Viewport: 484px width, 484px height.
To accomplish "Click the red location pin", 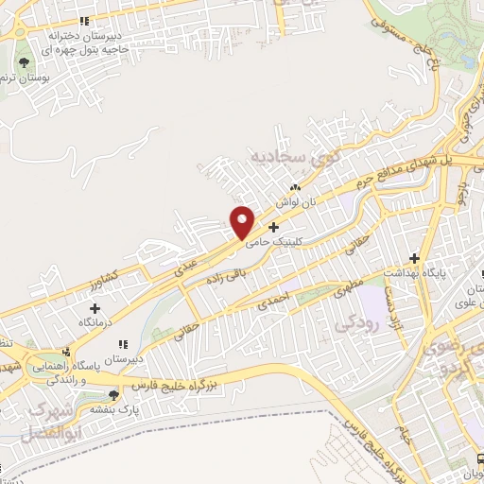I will click(x=243, y=221).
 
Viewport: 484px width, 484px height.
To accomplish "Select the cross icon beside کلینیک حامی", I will click(x=274, y=227).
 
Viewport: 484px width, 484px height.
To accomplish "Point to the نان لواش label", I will click(x=293, y=202).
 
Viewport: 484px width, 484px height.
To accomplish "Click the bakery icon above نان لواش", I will click(x=295, y=187).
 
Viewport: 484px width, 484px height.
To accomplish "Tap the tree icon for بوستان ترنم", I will click(x=25, y=63).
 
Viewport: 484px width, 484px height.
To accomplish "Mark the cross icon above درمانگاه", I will click(x=95, y=308).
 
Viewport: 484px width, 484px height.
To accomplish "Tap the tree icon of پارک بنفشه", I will click(x=114, y=396).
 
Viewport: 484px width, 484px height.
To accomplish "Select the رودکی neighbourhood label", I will click(x=355, y=322).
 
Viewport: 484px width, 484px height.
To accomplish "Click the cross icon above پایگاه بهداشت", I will click(x=413, y=258).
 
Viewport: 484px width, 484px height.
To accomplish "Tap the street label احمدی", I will click(x=271, y=304).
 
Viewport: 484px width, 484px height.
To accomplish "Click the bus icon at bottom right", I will click(x=478, y=460).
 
